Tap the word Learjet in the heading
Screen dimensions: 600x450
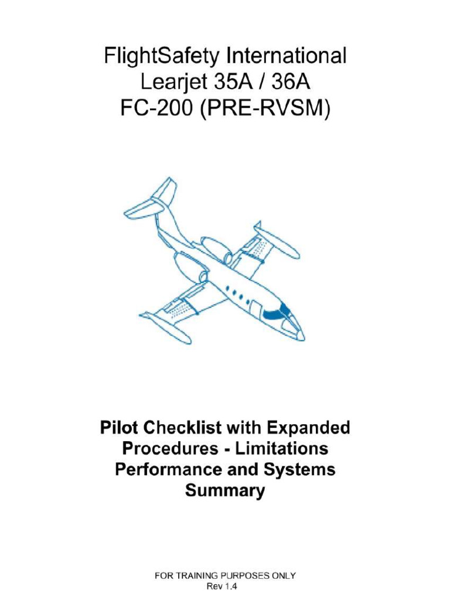pos(172,83)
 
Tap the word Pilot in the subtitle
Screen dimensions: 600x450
pos(121,428)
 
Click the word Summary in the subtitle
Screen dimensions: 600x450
pos(225,490)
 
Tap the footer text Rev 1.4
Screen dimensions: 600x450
pos(225,585)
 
